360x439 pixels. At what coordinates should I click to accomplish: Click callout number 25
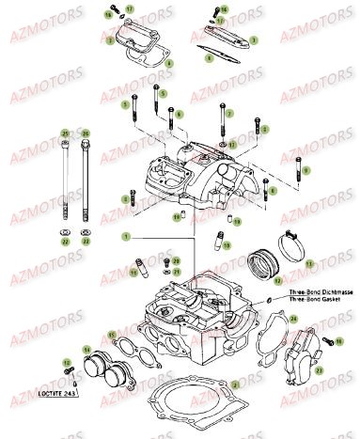pyautogui.click(x=65, y=133)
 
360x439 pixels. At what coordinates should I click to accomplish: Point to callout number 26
pyautogui.click(x=86, y=133)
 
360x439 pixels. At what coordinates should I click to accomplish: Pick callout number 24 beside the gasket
pyautogui.click(x=293, y=319)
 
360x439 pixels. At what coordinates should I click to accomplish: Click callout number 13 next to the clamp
pyautogui.click(x=305, y=266)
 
